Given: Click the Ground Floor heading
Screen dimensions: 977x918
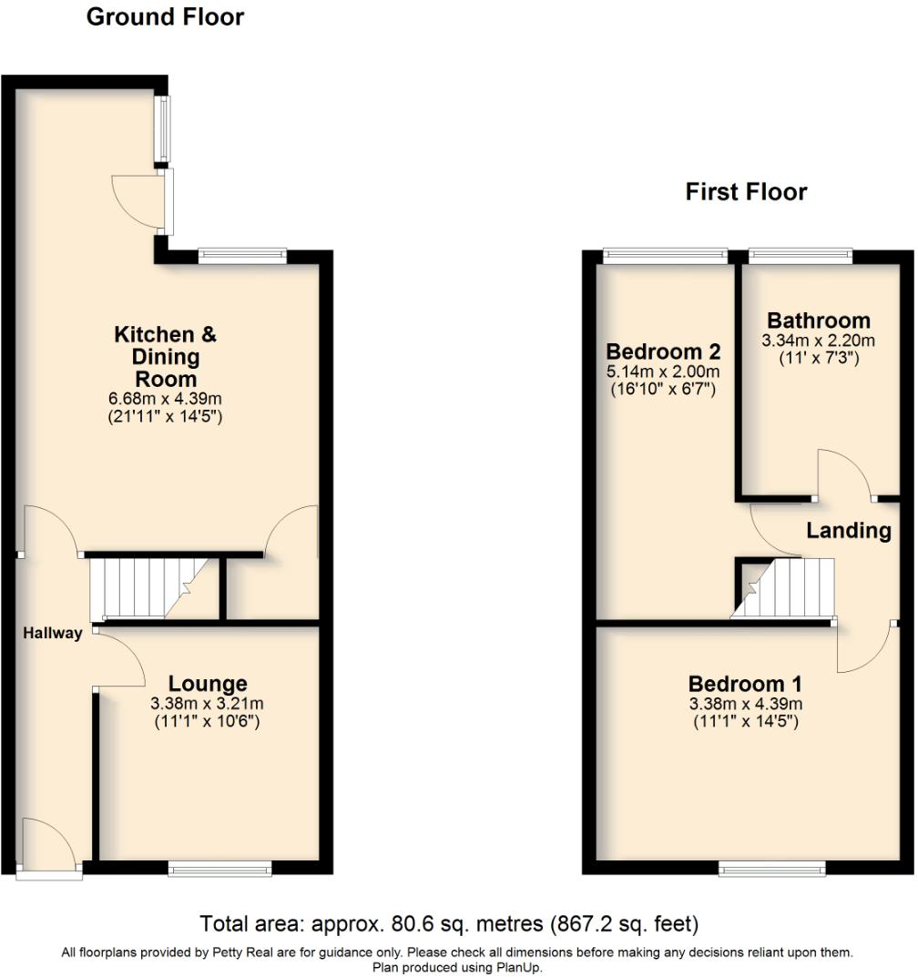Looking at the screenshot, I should pyautogui.click(x=165, y=17).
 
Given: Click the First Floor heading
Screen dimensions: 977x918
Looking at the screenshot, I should pyautogui.click(x=746, y=192).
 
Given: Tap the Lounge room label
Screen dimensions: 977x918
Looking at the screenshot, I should pyautogui.click(x=208, y=684).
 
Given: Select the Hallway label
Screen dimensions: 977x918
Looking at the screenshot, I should pyautogui.click(x=53, y=634).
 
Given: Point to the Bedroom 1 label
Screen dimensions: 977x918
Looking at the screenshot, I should pyautogui.click(x=745, y=684).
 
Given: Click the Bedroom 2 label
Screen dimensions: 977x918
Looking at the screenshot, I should pyautogui.click(x=663, y=351).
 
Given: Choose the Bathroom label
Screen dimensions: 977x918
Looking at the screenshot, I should pyautogui.click(x=818, y=321).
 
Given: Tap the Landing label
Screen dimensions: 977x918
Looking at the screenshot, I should pyautogui.click(x=848, y=531).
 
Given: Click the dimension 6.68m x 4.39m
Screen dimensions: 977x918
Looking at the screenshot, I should pyautogui.click(x=165, y=398).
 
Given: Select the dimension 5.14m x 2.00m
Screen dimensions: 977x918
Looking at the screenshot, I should pyautogui.click(x=663, y=371).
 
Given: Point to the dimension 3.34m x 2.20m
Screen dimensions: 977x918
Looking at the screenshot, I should pyautogui.click(x=818, y=341).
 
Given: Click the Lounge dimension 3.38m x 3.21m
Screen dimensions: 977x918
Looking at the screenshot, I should pyautogui.click(x=208, y=704).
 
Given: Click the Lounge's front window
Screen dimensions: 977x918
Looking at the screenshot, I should pyautogui.click(x=219, y=870).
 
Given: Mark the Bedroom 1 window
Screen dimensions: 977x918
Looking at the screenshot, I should pyautogui.click(x=772, y=870).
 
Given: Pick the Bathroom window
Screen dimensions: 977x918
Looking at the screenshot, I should pyautogui.click(x=800, y=256).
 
